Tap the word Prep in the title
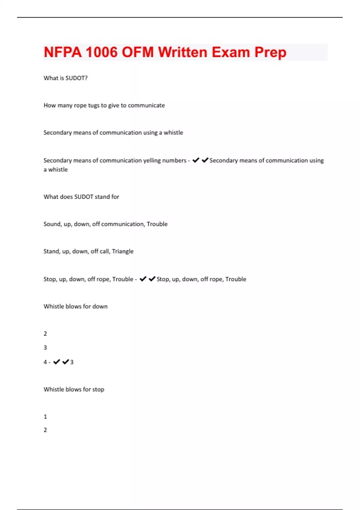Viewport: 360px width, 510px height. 270,52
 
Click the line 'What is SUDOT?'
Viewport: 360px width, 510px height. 65,78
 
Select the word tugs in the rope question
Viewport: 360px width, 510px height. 94,105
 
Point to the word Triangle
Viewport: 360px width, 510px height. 123,251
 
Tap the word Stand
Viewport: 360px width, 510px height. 51,251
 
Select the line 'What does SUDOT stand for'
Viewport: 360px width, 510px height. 81,197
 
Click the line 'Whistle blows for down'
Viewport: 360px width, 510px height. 75,306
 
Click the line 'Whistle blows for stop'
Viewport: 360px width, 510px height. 74,389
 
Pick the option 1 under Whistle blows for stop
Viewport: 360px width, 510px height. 45,416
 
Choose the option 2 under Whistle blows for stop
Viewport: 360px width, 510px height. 45,430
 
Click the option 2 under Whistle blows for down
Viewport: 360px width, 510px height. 45,334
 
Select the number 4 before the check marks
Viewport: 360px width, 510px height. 45,362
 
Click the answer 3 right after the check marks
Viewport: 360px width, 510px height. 72,362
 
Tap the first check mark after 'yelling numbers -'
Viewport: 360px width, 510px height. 196,160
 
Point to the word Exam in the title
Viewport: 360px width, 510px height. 231,52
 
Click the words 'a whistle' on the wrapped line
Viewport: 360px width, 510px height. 55,169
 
